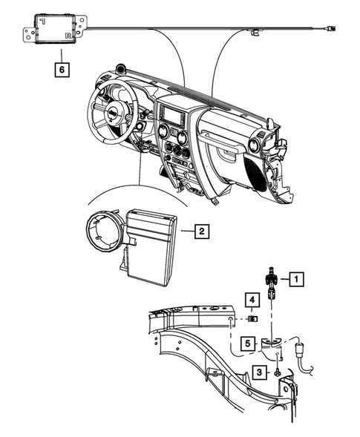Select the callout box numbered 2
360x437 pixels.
[x=200, y=231]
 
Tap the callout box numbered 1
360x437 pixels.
[x=295, y=280]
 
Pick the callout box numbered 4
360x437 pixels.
[x=252, y=300]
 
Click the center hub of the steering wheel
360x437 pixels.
[x=113, y=114]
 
